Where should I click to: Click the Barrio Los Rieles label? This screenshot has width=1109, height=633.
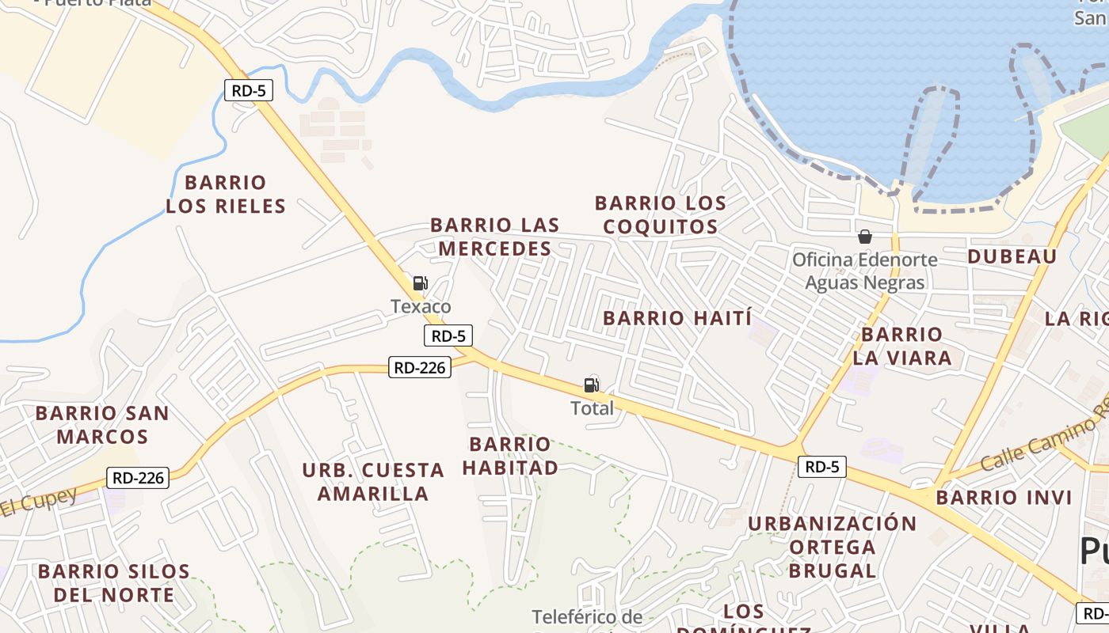[x=225, y=195]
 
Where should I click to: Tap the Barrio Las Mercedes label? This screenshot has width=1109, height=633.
[x=494, y=237]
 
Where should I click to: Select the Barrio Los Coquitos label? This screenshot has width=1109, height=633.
[x=661, y=215]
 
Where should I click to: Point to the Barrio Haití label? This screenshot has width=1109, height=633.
[x=677, y=319]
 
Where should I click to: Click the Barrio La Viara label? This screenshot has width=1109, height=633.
[x=902, y=347]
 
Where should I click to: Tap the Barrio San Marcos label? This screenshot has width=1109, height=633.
[x=102, y=425]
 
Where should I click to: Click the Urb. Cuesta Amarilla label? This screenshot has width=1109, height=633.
[x=373, y=482]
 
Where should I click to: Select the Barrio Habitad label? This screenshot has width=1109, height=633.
[x=510, y=456]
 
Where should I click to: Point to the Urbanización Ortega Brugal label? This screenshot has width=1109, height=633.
[x=833, y=547]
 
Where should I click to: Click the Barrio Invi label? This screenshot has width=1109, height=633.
[x=1004, y=498]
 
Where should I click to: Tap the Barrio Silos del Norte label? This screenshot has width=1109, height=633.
[x=113, y=583]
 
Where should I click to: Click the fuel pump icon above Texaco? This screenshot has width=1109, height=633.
[x=420, y=283]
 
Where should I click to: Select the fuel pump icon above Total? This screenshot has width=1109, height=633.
[x=591, y=385]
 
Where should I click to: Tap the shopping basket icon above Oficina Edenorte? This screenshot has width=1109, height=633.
[x=865, y=237]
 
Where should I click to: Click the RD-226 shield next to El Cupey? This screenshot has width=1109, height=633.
[x=139, y=477]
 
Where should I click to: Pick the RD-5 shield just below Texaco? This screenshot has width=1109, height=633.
[x=449, y=335]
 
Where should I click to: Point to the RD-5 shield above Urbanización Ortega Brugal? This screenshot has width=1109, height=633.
[x=821, y=467]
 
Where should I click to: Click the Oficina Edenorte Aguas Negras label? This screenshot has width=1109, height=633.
[x=865, y=271]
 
